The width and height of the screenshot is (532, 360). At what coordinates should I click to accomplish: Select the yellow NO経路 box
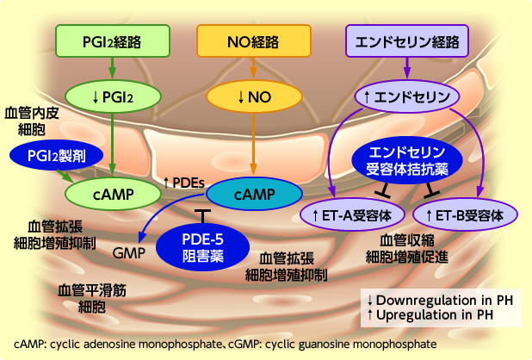(x=253, y=40)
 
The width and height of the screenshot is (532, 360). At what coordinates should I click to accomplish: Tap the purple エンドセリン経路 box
(x=407, y=40)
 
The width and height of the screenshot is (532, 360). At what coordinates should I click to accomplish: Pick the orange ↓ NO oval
(x=253, y=96)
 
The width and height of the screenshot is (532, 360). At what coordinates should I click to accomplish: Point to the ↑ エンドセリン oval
(x=407, y=96)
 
